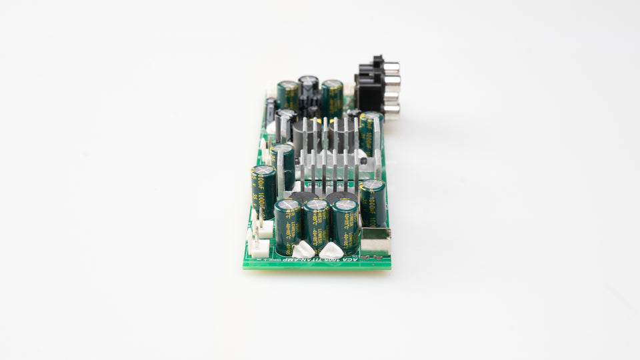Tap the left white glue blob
[x=303, y=248]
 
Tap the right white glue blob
[x=331, y=249]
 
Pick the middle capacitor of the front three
[x=316, y=223]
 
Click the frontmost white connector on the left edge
[x=259, y=248]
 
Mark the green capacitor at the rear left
[x=288, y=95]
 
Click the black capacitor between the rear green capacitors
[x=308, y=87]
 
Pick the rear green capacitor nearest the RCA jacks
[x=332, y=97]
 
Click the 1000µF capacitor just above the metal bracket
[x=373, y=201]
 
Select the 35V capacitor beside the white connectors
[x=263, y=189]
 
